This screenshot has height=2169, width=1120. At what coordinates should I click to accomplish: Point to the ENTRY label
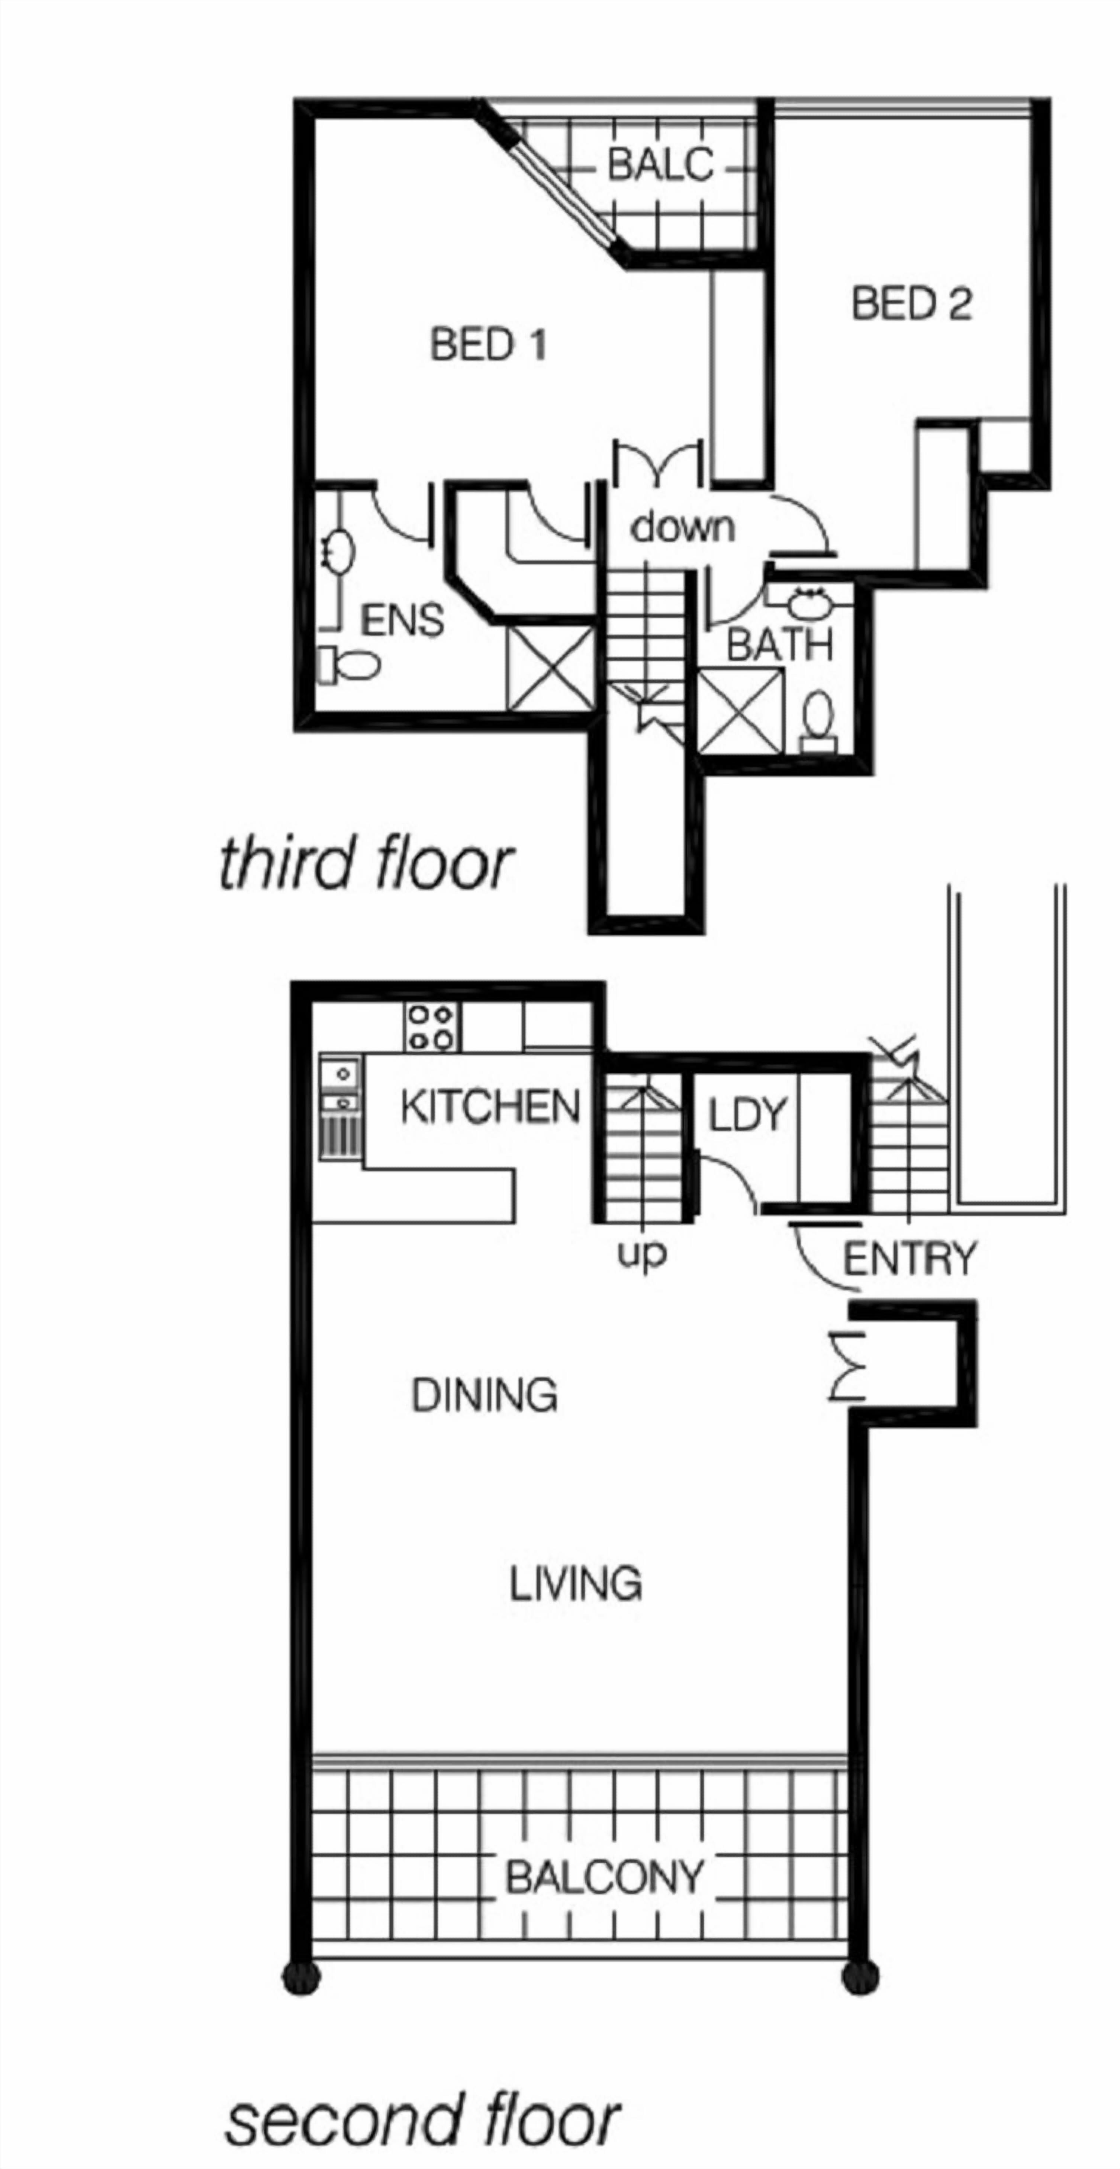910,1259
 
